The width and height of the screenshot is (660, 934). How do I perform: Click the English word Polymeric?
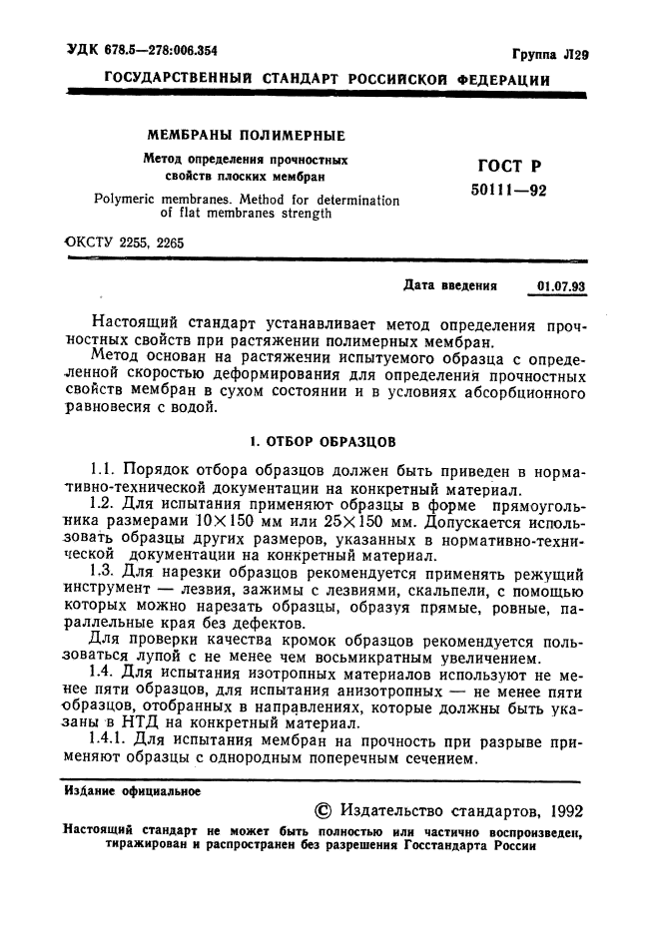tap(128, 200)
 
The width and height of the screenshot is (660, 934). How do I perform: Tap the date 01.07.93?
tap(561, 286)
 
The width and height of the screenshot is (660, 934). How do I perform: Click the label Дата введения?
tap(449, 285)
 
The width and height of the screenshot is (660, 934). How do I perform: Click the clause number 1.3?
tap(103, 571)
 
